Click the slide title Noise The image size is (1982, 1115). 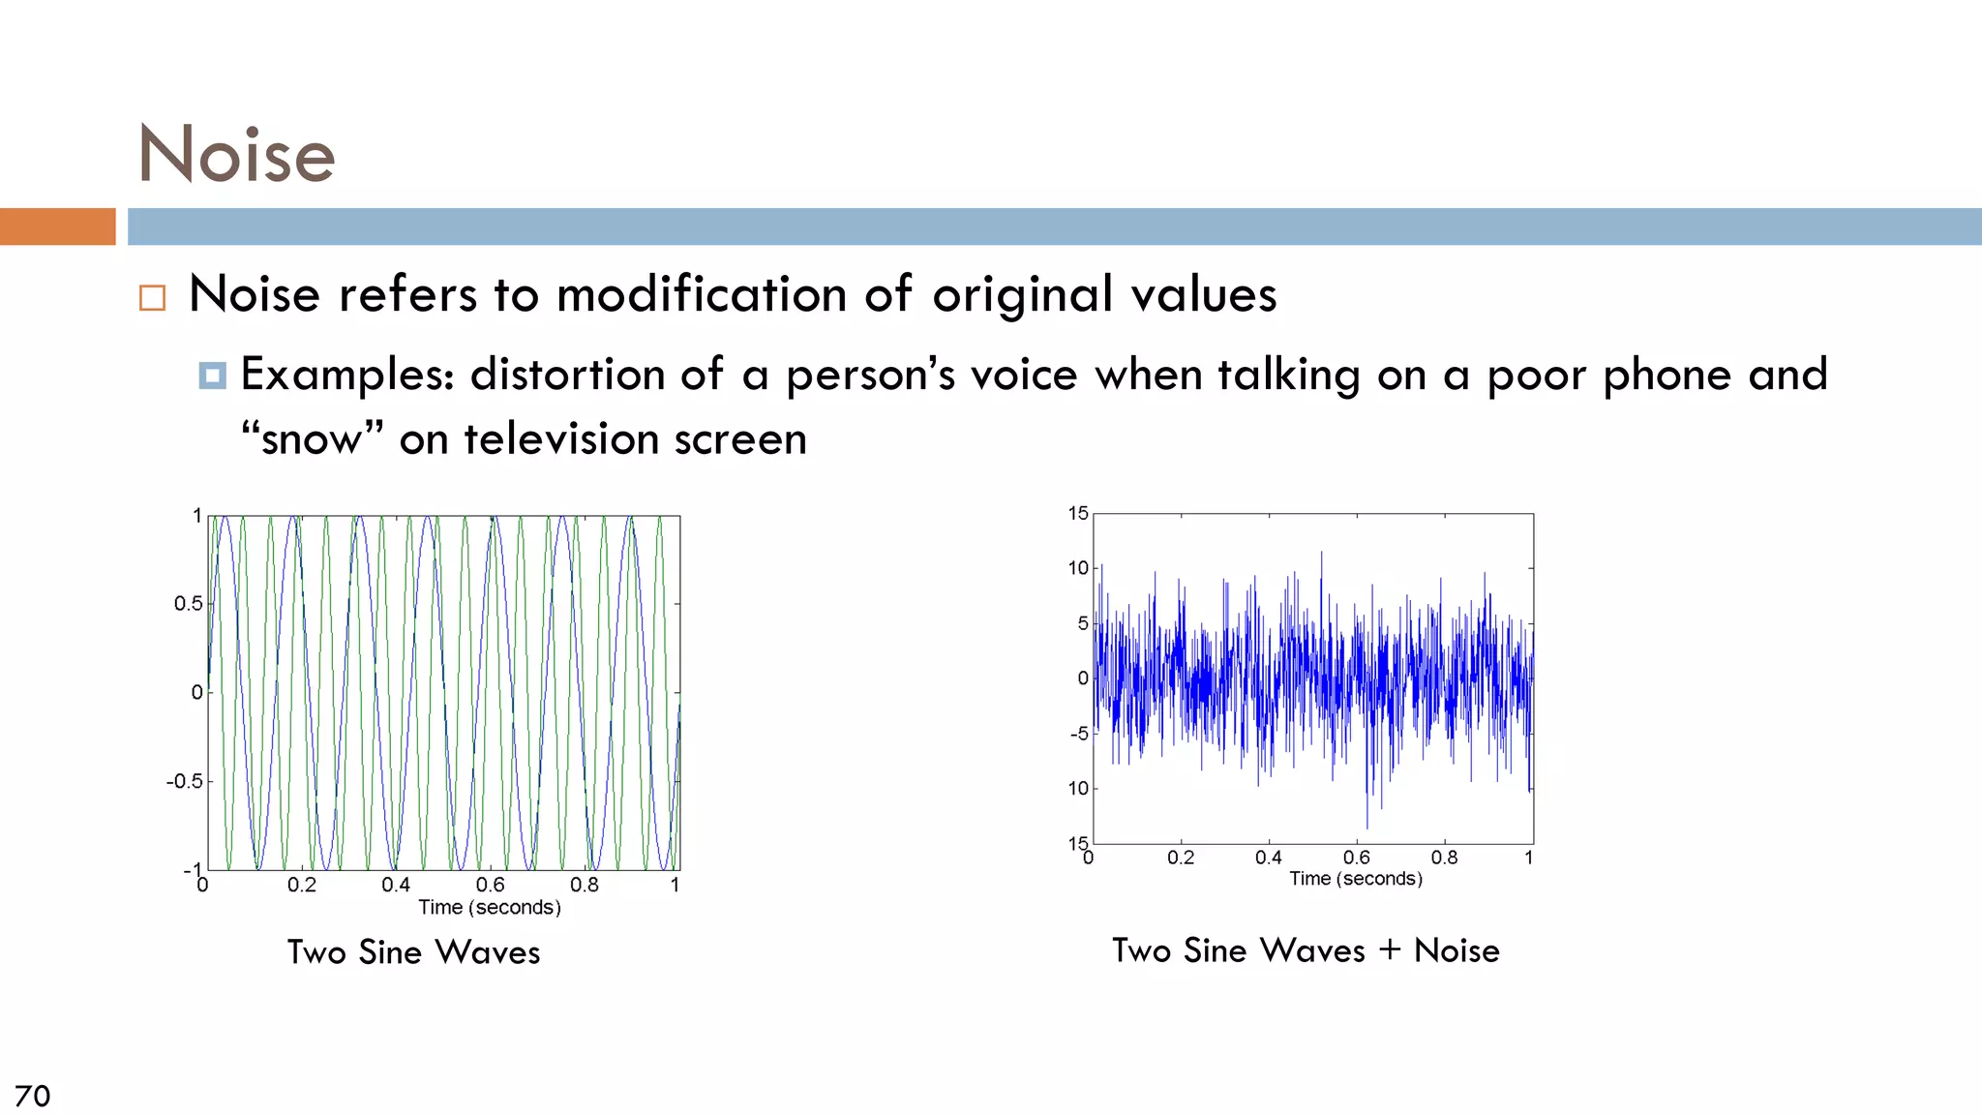[237, 155]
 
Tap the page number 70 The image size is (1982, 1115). [32, 1096]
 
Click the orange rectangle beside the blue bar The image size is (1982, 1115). [57, 226]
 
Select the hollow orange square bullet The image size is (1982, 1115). [152, 297]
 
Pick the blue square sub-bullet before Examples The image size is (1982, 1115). [213, 376]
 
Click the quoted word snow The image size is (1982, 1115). [312, 440]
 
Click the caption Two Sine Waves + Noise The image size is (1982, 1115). [1306, 950]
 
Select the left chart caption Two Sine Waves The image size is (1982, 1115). [413, 952]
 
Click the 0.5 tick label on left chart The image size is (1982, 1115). [189, 604]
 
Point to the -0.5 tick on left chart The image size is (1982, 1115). [185, 781]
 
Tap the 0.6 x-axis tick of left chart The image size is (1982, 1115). [490, 885]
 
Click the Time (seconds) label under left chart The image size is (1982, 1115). [490, 908]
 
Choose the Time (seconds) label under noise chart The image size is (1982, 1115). [1355, 879]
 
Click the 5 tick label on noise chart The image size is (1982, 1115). [1083, 623]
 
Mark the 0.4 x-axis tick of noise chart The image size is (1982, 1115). [1268, 858]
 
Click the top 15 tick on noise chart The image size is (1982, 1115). [1078, 513]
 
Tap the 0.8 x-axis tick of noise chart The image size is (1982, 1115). [1444, 858]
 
